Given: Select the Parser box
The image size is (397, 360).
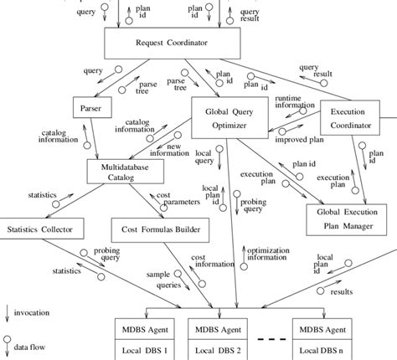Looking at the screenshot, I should click(90, 109).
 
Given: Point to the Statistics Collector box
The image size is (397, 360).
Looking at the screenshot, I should click(42, 229).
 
